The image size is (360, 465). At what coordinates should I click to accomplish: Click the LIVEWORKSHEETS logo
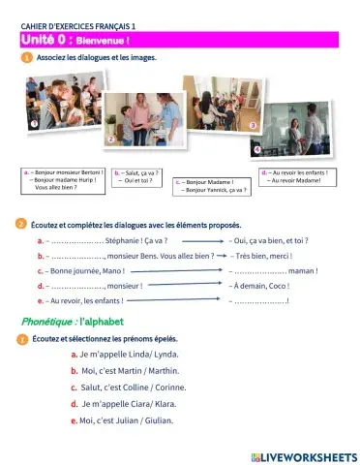(x=303, y=454)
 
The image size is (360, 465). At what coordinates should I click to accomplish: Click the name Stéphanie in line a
(x=125, y=240)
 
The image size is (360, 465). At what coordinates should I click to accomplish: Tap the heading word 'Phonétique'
(x=47, y=320)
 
